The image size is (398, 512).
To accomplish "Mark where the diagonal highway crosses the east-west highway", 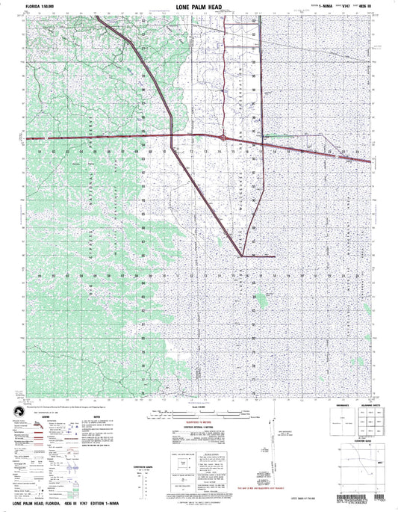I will tap(173, 137).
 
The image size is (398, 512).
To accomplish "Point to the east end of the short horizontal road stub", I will tap(276, 256).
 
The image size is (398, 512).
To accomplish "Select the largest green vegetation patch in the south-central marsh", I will tap(262, 300).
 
